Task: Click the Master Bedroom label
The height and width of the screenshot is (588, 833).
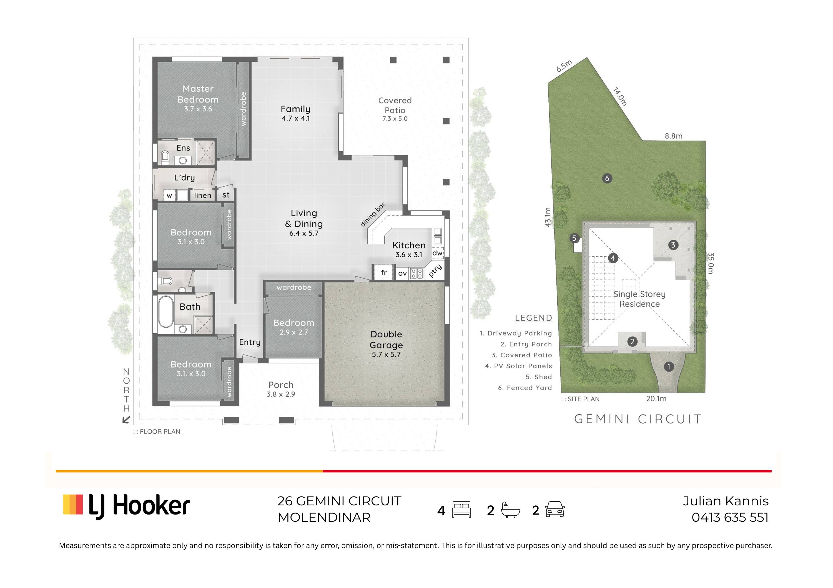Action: point(198,94)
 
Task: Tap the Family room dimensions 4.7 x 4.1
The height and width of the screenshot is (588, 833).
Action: point(296,118)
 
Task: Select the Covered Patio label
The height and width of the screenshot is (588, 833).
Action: point(395,105)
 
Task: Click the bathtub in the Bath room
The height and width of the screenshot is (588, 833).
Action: point(165,312)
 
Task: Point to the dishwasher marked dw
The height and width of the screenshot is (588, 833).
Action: point(438,253)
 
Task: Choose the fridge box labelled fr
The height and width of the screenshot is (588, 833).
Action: point(383,273)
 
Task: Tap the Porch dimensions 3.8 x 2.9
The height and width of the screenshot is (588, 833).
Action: point(281,394)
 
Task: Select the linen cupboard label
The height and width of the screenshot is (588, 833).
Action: point(202,195)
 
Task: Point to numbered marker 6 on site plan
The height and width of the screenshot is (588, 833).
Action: point(607,178)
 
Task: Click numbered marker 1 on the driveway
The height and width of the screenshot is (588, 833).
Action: point(669,367)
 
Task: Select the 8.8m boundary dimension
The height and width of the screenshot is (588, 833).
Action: point(673,136)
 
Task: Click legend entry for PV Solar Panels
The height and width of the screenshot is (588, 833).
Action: point(518,366)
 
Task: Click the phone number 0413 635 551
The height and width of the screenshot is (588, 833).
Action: point(730,517)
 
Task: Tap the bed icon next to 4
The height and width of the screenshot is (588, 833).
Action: point(461,510)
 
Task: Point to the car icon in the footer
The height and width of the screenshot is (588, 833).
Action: point(555,509)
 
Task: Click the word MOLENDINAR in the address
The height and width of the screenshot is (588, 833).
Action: point(324,517)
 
